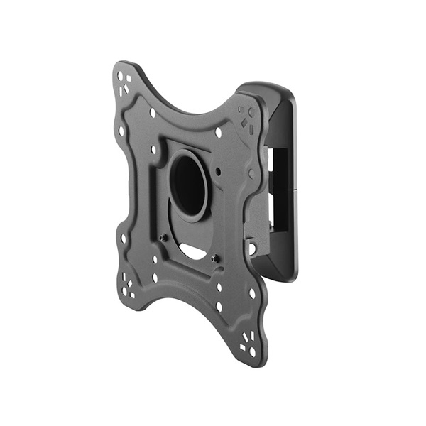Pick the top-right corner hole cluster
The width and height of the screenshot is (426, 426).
(246, 117)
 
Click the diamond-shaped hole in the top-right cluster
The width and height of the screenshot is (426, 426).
(245, 123)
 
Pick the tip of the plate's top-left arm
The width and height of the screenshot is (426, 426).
(119, 65)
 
